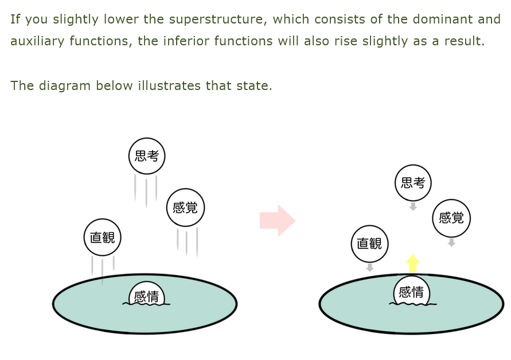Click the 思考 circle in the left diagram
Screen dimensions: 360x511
pos(147,155)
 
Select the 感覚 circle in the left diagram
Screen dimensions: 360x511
pos(185,208)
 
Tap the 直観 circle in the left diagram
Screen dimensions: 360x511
pos(103,237)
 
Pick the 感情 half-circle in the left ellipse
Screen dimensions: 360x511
pos(146,295)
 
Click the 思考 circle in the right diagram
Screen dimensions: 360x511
pos(413,183)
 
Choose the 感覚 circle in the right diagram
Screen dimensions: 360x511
pos(451,218)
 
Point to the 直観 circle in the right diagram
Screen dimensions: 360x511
pos(369,244)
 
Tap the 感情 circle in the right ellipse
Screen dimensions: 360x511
pos(411,292)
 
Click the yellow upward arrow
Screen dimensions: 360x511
pos(412,263)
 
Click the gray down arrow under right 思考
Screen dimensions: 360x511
pos(413,206)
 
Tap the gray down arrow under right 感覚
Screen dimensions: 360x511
pos(451,242)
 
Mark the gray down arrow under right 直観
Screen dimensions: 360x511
pos(369,267)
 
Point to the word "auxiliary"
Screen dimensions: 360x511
pos(36,41)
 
